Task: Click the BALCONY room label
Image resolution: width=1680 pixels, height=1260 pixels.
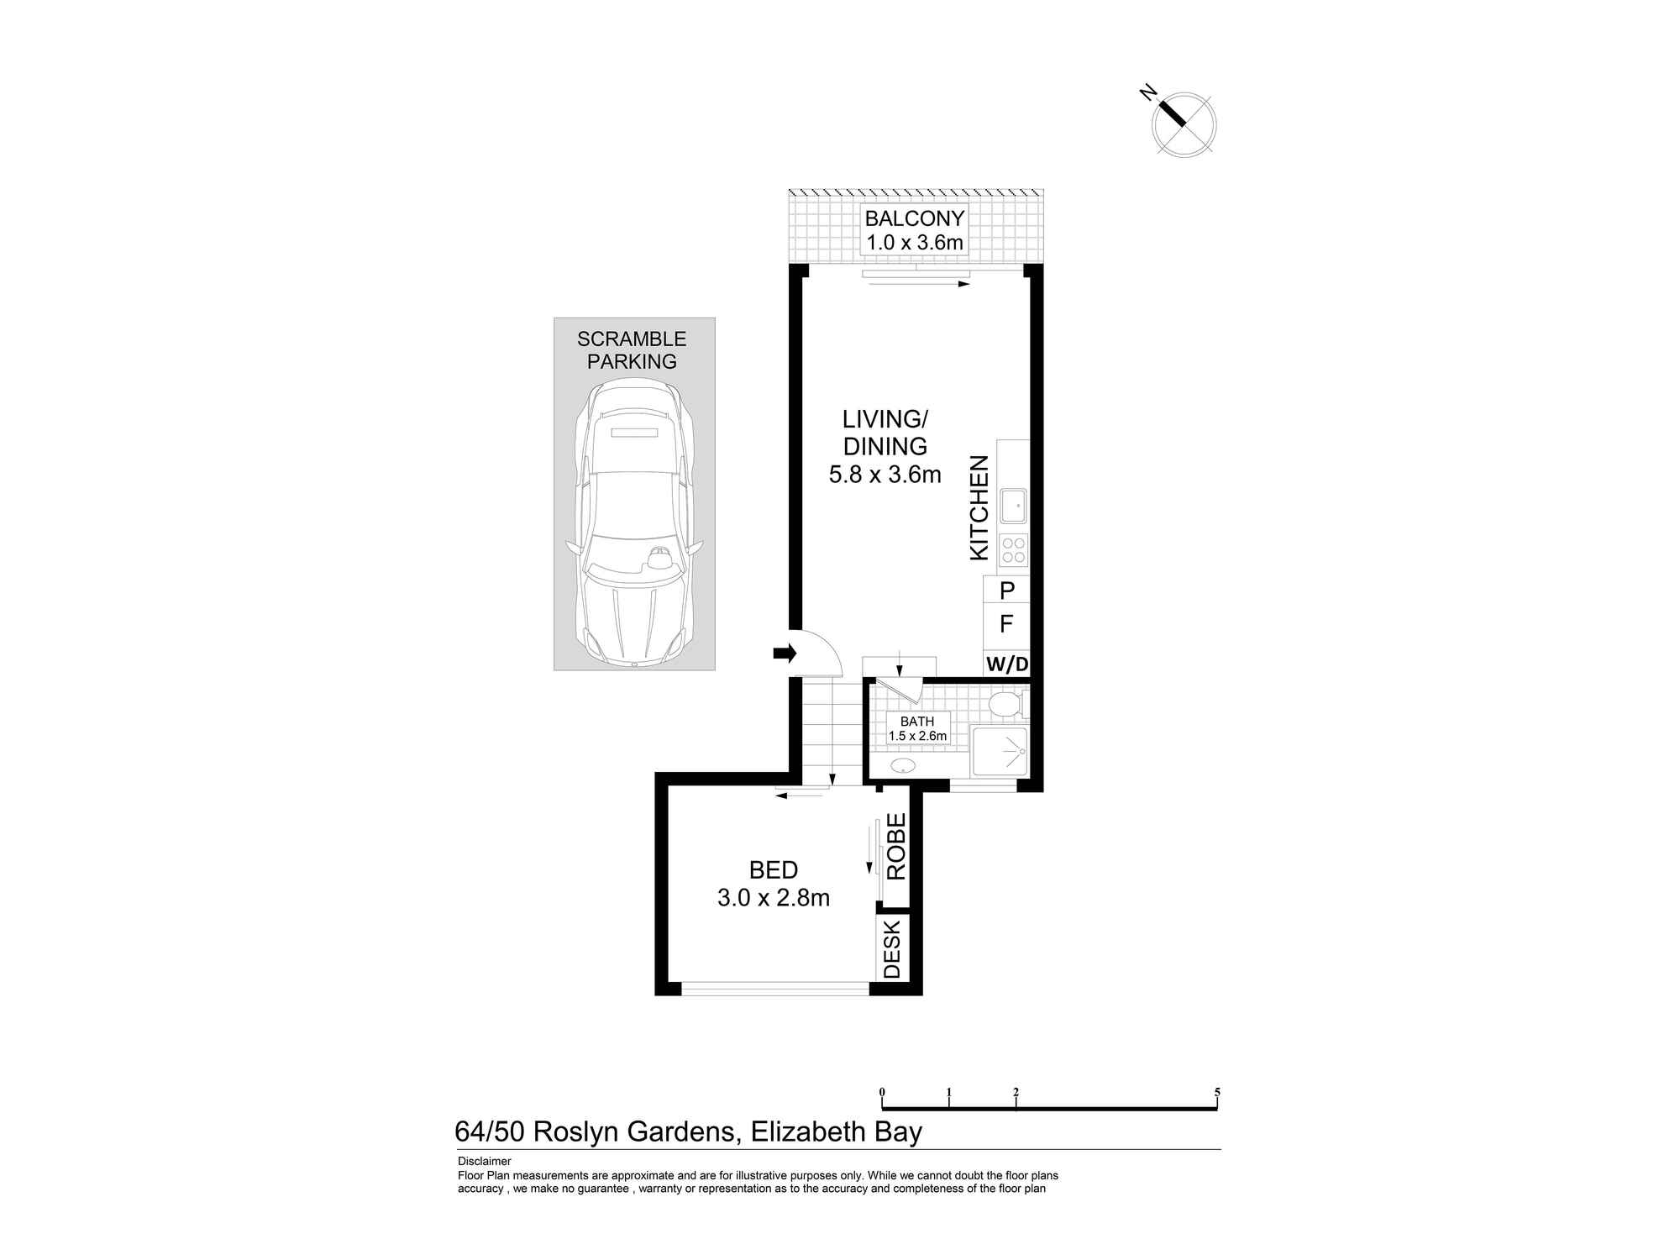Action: pos(914,219)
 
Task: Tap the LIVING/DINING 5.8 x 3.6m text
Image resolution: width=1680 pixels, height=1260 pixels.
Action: pos(885,446)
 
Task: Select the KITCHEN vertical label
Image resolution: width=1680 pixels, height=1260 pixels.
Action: pos(979,507)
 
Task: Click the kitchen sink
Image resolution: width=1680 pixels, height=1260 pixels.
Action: pos(1013,505)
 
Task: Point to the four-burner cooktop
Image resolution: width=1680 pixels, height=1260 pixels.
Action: pos(1013,549)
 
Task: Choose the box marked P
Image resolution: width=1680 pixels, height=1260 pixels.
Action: pos(1006,591)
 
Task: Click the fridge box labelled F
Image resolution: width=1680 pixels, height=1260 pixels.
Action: pos(1006,624)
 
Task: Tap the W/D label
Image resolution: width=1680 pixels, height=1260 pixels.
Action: pos(1006,664)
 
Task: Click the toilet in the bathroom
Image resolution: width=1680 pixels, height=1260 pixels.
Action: pos(1004,704)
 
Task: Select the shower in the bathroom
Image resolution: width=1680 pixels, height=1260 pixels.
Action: pos(1000,750)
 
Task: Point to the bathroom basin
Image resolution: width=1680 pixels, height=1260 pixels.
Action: pos(904,765)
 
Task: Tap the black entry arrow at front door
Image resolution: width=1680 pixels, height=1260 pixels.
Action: pos(784,653)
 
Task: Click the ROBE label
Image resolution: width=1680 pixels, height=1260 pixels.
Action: pos(896,846)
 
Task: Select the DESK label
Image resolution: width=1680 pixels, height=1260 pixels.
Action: pos(892,948)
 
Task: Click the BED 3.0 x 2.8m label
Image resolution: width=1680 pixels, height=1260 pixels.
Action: pos(774,884)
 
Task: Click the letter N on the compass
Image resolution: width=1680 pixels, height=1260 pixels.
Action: pos(1147,92)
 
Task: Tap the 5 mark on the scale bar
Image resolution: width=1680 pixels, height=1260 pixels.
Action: pos(1216,1092)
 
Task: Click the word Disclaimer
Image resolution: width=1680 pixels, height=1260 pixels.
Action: pos(484,1162)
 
